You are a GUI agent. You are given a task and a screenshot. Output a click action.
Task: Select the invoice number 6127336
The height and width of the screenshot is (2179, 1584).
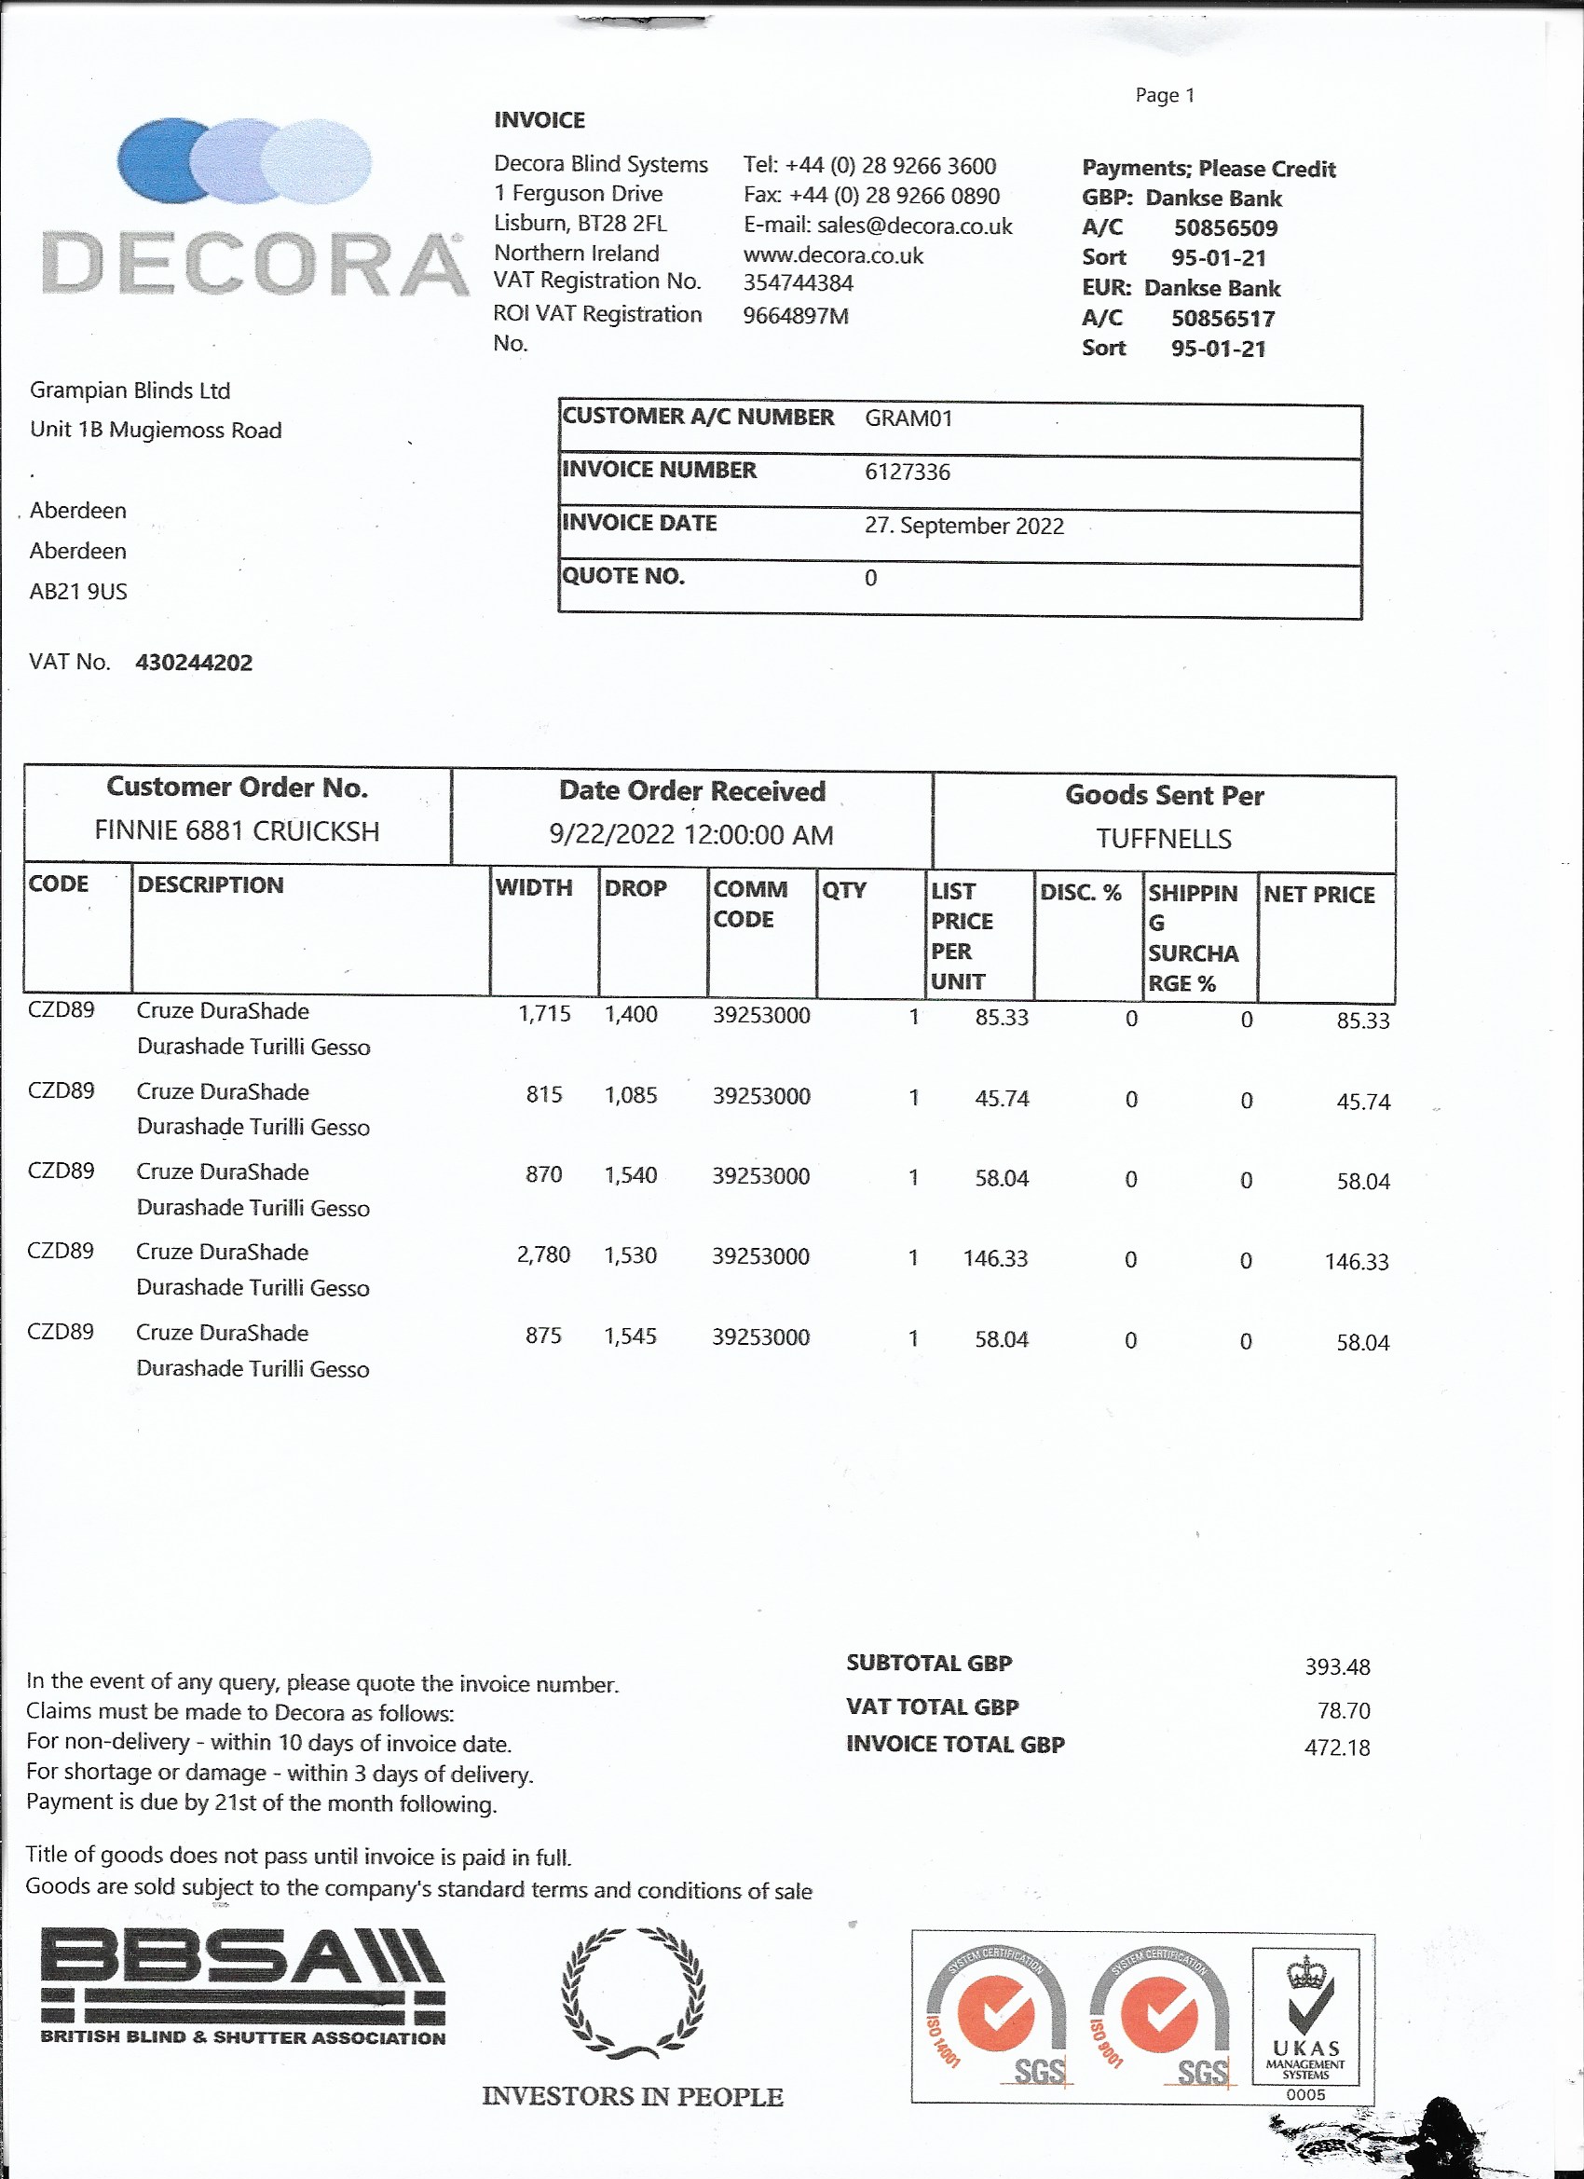click(x=907, y=472)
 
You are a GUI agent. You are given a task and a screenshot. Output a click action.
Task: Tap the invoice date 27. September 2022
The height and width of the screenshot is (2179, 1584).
click(x=963, y=526)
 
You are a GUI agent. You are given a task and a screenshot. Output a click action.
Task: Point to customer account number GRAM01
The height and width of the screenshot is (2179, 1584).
click(x=908, y=418)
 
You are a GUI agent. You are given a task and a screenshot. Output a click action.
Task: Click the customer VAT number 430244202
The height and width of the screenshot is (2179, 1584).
click(x=194, y=663)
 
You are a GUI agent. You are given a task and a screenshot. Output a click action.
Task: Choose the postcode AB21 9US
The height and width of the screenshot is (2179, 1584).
click(x=78, y=592)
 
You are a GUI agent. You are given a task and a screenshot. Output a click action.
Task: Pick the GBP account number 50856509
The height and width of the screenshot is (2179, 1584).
click(x=1224, y=228)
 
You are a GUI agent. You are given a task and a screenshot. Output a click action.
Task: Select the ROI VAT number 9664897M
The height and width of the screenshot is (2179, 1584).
click(x=796, y=316)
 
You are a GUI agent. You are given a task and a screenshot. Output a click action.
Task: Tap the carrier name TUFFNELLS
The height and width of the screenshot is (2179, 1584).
click(x=1163, y=839)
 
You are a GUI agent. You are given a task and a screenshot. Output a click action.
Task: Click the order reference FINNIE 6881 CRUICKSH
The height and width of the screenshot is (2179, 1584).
click(x=237, y=831)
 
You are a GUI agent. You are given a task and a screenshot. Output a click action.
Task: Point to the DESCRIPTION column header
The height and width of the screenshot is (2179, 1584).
click(x=211, y=884)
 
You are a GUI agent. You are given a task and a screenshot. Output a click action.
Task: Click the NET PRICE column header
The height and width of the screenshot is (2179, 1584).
click(x=1318, y=895)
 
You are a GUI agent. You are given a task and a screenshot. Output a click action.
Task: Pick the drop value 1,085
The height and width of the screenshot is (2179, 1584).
click(x=630, y=1095)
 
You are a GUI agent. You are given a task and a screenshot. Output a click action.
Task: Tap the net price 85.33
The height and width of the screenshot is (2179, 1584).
click(x=1362, y=1021)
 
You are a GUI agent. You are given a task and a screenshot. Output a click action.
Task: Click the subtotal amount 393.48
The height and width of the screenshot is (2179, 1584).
click(x=1336, y=1667)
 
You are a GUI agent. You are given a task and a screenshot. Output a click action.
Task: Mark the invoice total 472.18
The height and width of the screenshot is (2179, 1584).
click(x=1336, y=1747)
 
